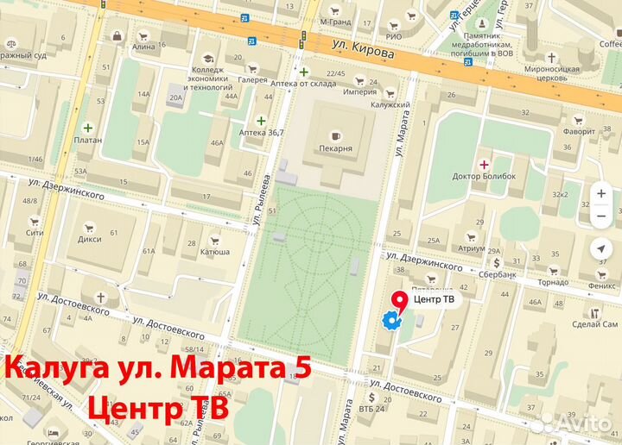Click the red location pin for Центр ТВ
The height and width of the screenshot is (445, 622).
coord(399,300)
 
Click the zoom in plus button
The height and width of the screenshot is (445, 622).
coord(601,194)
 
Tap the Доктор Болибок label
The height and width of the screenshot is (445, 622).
coord(484,177)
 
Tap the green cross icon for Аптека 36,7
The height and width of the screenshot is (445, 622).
coord(261,120)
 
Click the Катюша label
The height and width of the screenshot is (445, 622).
coord(215,252)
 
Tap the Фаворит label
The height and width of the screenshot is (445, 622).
coord(578,132)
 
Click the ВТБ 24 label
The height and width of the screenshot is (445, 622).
coord(373,408)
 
